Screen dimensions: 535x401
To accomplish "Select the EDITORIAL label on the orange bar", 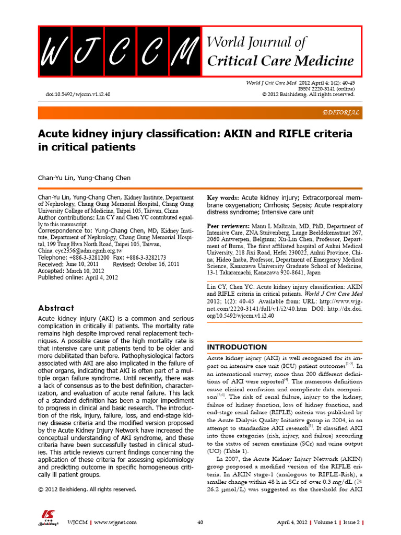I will coord(341,112).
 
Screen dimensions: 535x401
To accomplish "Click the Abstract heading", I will coord(56,308).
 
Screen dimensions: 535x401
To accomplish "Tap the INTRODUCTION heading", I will coord(237,347).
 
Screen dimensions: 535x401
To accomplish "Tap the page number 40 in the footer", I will coord(200,522).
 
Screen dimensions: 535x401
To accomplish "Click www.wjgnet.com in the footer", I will coord(115,522).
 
